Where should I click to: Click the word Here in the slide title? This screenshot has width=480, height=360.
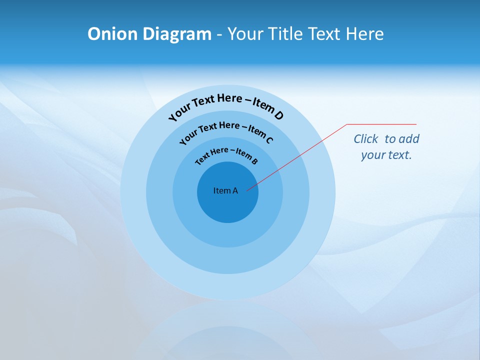click(x=363, y=34)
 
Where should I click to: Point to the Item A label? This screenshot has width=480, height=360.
click(x=225, y=190)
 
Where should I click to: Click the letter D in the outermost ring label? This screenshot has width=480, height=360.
click(x=278, y=115)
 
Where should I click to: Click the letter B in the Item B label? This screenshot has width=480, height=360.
click(x=254, y=161)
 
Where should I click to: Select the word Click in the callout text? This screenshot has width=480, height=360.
click(x=366, y=139)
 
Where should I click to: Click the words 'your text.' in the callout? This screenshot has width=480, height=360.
click(x=386, y=155)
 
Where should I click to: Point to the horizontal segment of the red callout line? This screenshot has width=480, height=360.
click(x=381, y=124)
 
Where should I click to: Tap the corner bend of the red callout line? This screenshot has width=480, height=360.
click(x=347, y=124)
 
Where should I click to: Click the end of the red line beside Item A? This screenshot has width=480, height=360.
click(x=247, y=189)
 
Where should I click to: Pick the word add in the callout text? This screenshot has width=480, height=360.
click(x=409, y=139)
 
